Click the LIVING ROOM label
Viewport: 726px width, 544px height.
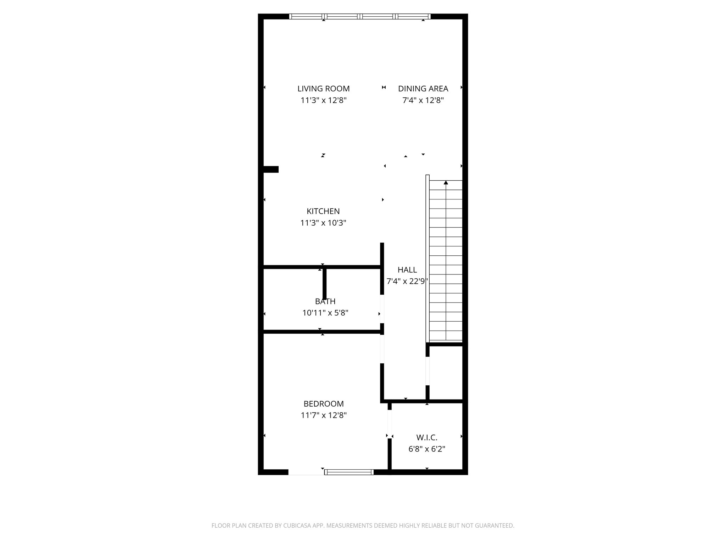pyautogui.click(x=323, y=89)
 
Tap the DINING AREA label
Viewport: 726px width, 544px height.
pyautogui.click(x=423, y=89)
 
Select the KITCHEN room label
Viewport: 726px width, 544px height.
pyautogui.click(x=323, y=211)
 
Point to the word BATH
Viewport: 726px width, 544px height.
pyautogui.click(x=325, y=301)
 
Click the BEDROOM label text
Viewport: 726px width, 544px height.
pyautogui.click(x=324, y=404)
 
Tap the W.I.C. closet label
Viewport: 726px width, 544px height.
pyautogui.click(x=427, y=438)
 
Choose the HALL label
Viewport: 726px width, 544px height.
pyautogui.click(x=407, y=270)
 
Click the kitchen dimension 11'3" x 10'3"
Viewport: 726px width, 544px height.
pyautogui.click(x=323, y=223)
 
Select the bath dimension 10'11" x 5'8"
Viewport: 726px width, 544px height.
pyautogui.click(x=325, y=313)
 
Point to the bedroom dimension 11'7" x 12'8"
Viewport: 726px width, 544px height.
pyautogui.click(x=324, y=415)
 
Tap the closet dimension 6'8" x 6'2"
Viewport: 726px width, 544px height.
pyautogui.click(x=427, y=449)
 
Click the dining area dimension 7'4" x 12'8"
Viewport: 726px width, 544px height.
pyautogui.click(x=423, y=100)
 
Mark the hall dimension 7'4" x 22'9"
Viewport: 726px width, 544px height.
pyautogui.click(x=407, y=282)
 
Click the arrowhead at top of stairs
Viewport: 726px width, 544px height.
pyautogui.click(x=446, y=183)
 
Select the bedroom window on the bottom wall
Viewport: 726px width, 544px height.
pyautogui.click(x=349, y=472)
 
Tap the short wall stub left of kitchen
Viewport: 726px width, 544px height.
pyautogui.click(x=271, y=169)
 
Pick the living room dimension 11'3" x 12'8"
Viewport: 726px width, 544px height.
pyautogui.click(x=323, y=100)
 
